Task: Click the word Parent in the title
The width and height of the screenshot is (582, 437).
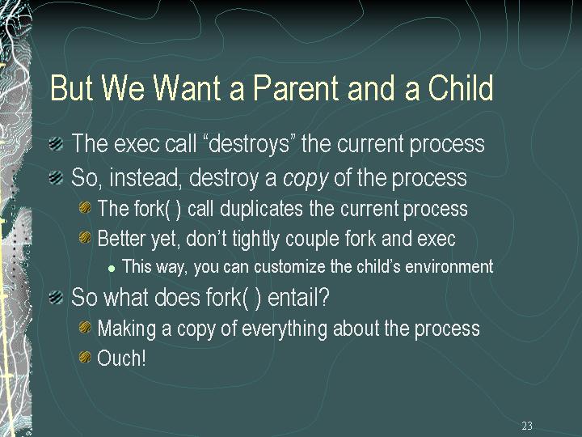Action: coord(296,87)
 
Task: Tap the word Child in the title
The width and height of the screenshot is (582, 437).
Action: coord(461,87)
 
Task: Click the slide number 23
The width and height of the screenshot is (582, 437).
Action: coord(527,426)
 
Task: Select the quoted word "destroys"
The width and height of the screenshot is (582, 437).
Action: coord(249,143)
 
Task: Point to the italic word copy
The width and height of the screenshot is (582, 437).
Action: coord(306,179)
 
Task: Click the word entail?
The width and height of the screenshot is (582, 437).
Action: coord(298,298)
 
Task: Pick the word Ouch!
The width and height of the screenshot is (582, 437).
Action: coord(121,359)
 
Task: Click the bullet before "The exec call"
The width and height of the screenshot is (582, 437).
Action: coord(56,143)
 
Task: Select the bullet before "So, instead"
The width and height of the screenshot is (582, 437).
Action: coord(56,177)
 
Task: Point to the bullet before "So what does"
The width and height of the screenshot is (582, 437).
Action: coord(56,297)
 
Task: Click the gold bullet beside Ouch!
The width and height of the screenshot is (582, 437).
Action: coord(85,357)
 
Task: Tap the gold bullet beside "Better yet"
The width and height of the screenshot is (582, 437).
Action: coord(85,237)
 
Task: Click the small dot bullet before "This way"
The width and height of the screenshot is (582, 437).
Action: coord(112,269)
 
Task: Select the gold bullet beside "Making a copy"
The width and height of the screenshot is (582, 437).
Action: coord(85,327)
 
